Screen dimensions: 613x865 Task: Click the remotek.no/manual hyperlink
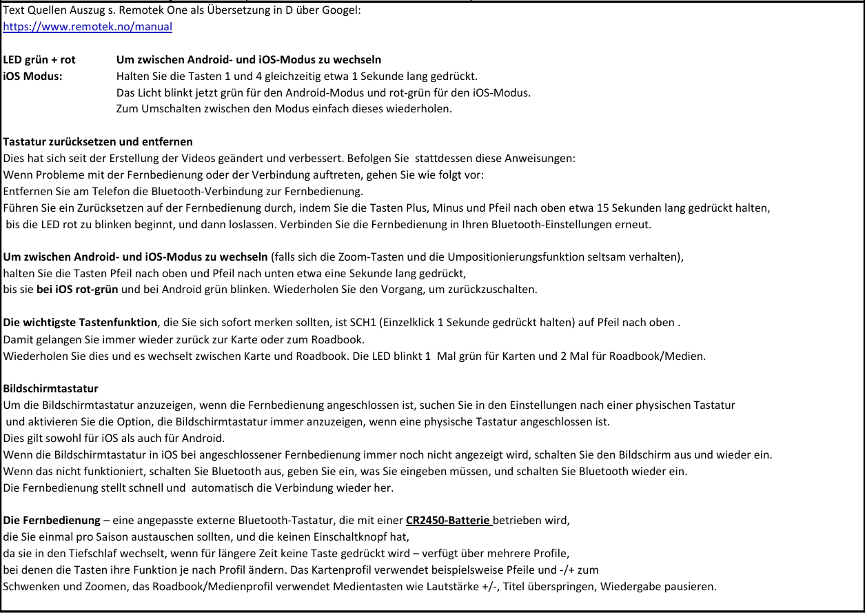88,27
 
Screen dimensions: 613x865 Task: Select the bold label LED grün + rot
39,59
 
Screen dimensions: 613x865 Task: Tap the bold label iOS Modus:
32,75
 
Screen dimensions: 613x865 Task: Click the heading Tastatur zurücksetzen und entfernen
98,142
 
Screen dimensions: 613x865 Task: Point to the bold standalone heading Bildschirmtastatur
51,388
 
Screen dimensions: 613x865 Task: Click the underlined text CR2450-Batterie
448,520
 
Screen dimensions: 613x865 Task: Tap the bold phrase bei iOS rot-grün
78,289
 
